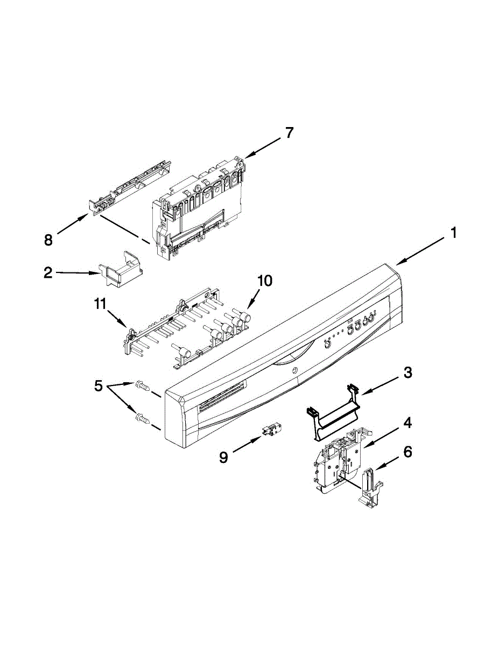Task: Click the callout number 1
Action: [x=453, y=233]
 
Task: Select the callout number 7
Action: [x=290, y=132]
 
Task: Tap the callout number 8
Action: [x=48, y=240]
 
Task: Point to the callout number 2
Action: [x=48, y=273]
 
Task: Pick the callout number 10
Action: [x=264, y=280]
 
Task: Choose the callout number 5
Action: [x=98, y=385]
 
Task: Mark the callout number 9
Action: [x=223, y=458]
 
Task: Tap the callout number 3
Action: [x=408, y=373]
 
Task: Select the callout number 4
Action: [x=408, y=423]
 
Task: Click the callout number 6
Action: [x=407, y=452]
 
